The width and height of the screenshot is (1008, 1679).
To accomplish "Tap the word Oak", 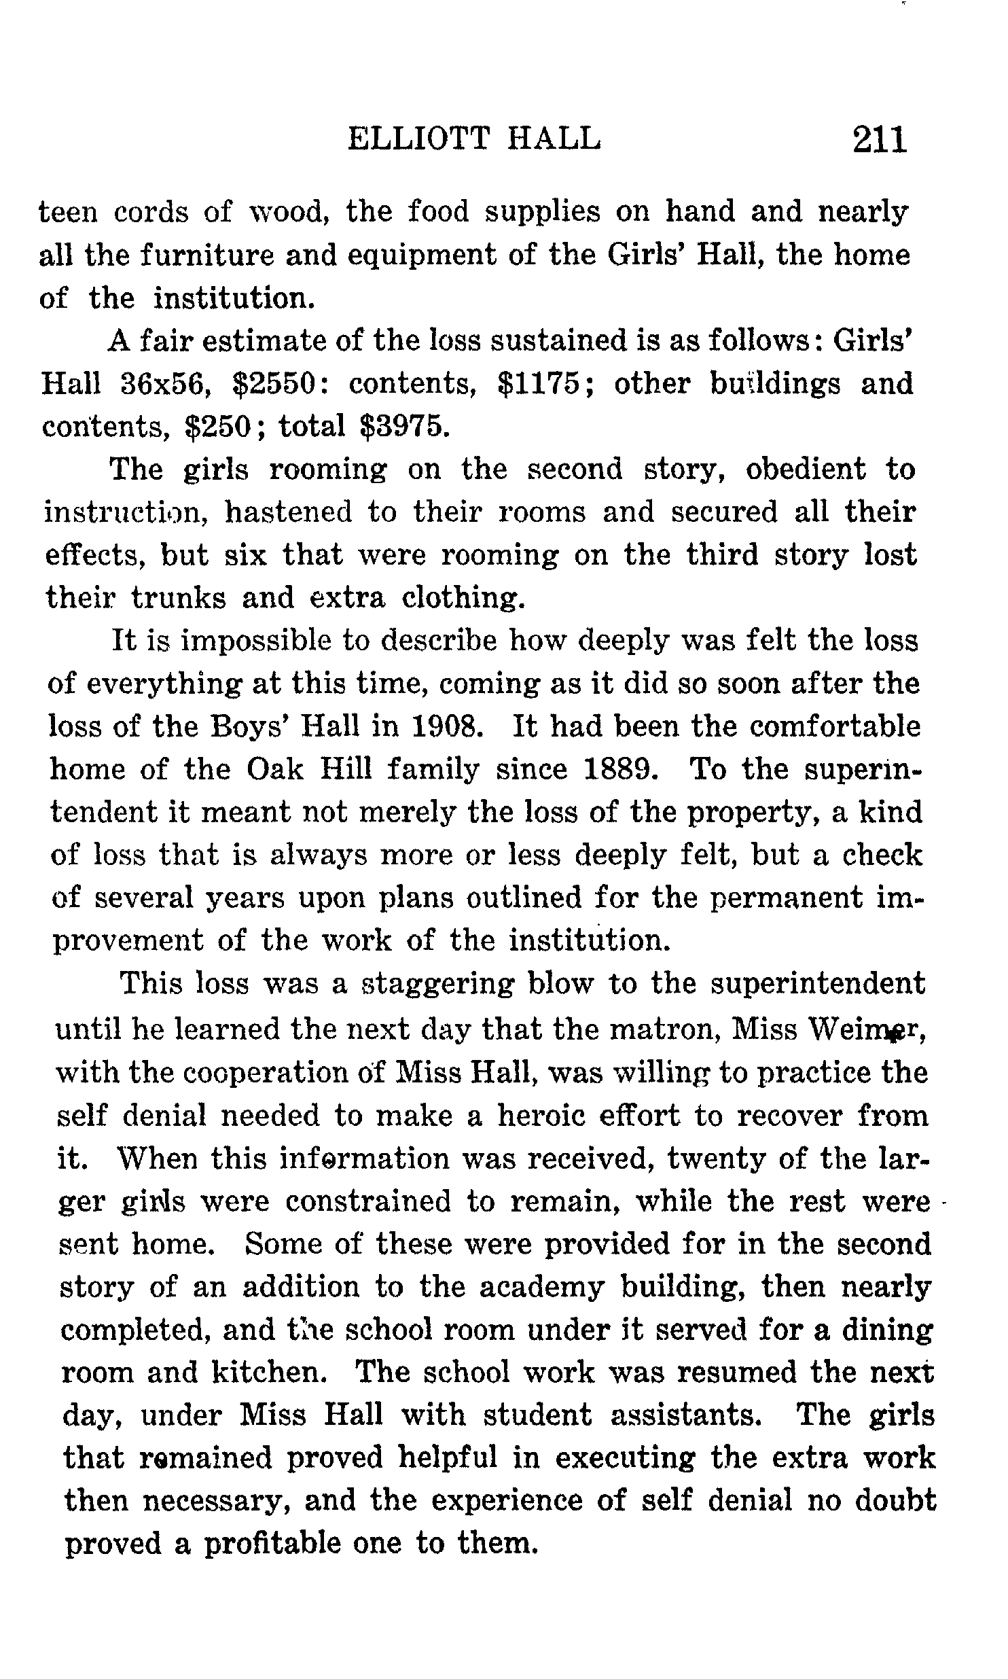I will click(277, 770).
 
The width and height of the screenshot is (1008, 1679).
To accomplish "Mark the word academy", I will click(541, 1287).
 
